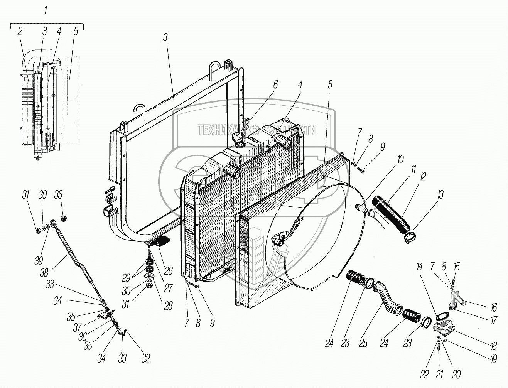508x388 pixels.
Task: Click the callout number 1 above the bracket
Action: click(46, 11)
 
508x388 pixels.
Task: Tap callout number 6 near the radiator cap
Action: click(275, 85)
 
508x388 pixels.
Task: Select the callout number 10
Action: click(400, 159)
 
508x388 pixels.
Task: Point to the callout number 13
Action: click(440, 195)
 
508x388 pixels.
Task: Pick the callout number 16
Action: click(493, 307)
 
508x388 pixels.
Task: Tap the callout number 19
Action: click(494, 359)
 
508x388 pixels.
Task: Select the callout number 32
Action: click(145, 358)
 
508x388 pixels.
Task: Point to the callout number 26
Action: click(168, 271)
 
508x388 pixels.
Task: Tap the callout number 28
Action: click(168, 306)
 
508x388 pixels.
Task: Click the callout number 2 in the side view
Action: click(20, 32)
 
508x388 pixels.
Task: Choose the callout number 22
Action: click(424, 375)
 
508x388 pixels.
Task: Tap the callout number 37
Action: click(77, 327)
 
